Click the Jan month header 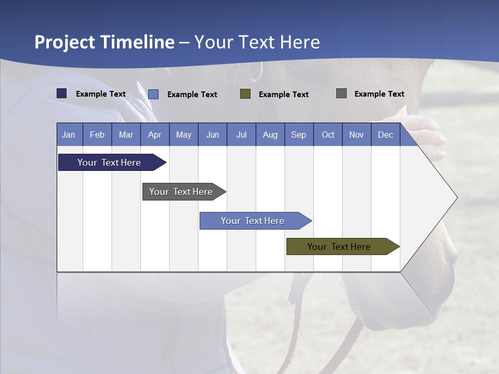69,135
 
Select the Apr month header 154,135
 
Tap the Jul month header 241,135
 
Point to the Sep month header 298,135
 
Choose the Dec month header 385,135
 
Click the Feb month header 97,135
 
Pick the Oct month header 328,135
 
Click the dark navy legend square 62,94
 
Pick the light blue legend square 153,94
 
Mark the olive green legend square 245,94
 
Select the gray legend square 342,94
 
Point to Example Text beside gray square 379,94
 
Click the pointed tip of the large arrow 456,197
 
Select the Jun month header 213,135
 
